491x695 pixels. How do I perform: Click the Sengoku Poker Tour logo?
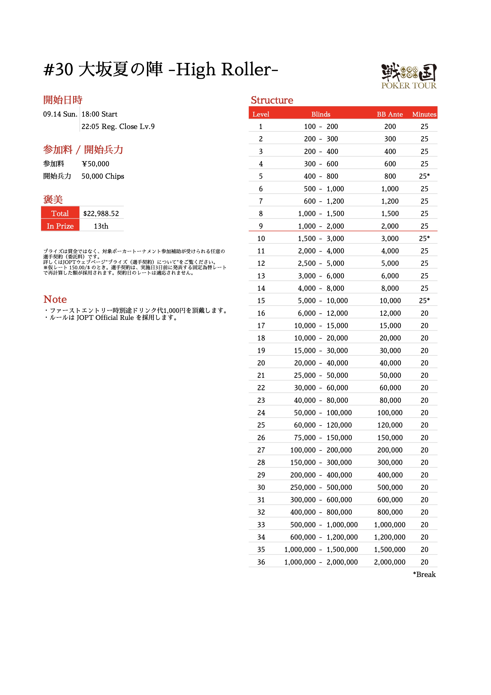[x=409, y=76]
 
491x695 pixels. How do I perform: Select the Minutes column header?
[x=424, y=114]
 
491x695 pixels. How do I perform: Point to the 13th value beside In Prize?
[x=101, y=226]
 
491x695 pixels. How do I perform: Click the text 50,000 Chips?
[x=103, y=176]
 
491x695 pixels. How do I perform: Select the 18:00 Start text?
[x=99, y=114]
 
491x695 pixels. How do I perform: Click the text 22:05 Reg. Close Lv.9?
[x=118, y=126]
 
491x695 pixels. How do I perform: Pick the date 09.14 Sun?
[x=60, y=114]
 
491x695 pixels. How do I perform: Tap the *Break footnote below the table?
[x=424, y=574]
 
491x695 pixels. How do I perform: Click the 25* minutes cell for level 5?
[x=424, y=176]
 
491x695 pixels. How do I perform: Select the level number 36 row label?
[x=261, y=562]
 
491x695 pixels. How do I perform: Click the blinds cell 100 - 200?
[x=321, y=126]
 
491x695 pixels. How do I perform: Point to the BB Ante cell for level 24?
[x=390, y=413]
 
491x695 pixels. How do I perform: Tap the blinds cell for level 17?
[x=321, y=326]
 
